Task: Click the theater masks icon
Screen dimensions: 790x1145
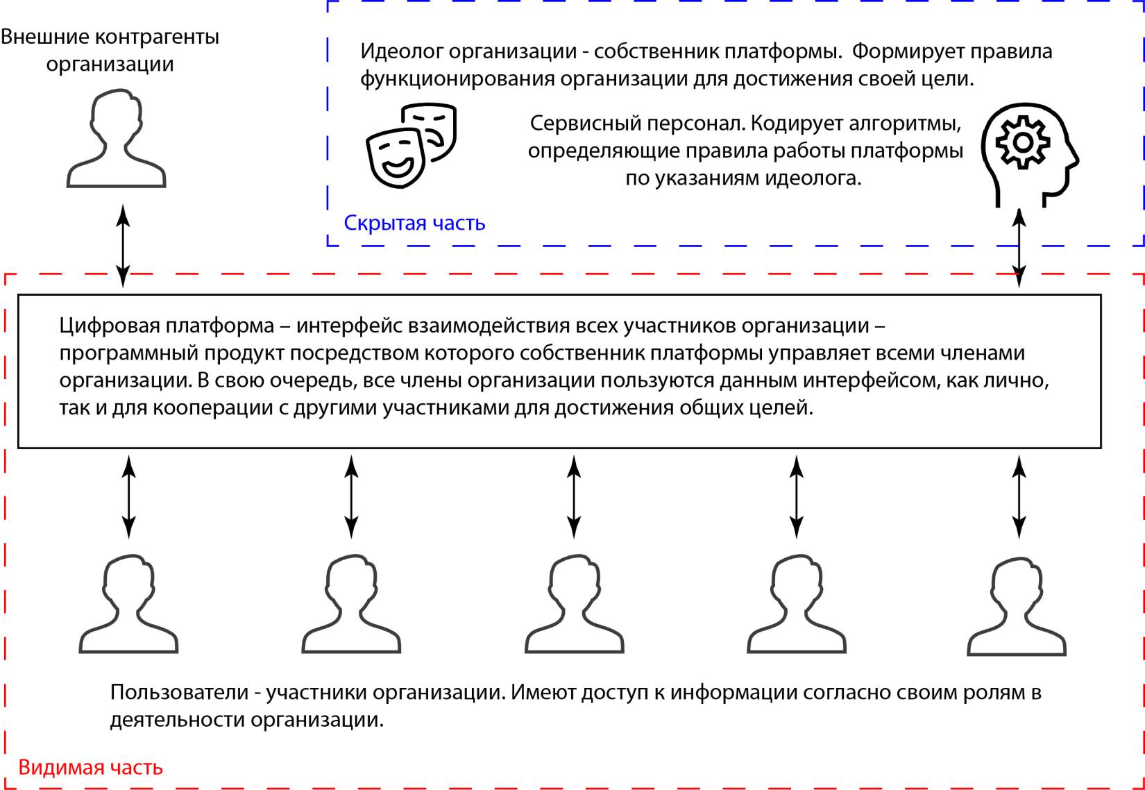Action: tap(411, 145)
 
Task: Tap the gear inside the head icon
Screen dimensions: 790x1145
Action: tap(1022, 143)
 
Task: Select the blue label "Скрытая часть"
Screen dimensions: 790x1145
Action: tap(414, 223)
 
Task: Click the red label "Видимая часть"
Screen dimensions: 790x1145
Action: tap(90, 767)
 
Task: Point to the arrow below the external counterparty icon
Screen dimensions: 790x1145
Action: tap(123, 246)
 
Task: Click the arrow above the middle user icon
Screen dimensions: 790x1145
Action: tap(574, 496)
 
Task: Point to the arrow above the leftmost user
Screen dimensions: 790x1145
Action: tap(128, 496)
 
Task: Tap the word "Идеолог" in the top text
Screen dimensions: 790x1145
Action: tap(400, 51)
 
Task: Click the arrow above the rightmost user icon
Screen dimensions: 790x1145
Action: tap(1019, 496)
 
